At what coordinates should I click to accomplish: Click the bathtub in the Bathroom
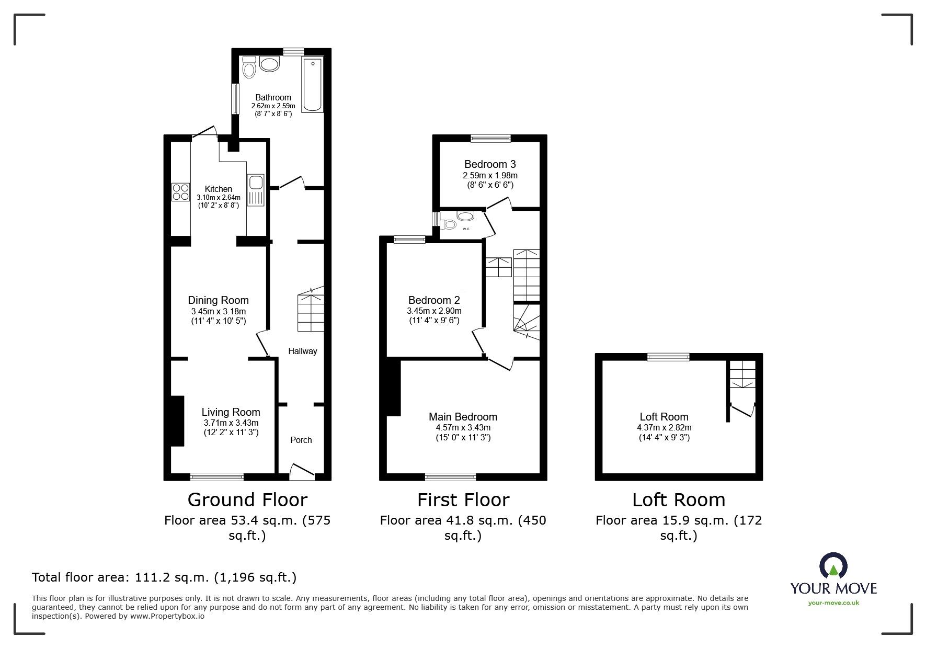[x=313, y=84]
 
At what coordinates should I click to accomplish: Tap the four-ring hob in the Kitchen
[x=180, y=192]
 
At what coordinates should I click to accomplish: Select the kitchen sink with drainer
[x=256, y=190]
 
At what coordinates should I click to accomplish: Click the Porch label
[x=301, y=440]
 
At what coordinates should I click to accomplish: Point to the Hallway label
[x=303, y=351]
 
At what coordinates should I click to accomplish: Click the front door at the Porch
[x=302, y=471]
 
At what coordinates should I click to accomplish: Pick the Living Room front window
[x=216, y=476]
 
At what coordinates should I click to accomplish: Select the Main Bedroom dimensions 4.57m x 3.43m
[x=463, y=427]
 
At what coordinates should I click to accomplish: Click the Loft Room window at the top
[x=668, y=357]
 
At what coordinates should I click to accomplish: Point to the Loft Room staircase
[x=743, y=374]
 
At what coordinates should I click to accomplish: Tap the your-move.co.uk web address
[x=833, y=603]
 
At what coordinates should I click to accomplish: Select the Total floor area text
[x=164, y=577]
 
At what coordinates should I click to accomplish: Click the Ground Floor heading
[x=247, y=500]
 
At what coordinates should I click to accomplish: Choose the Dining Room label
[x=218, y=300]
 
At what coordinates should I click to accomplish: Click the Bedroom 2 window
[x=409, y=240]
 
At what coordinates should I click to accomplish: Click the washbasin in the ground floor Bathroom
[x=270, y=65]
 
